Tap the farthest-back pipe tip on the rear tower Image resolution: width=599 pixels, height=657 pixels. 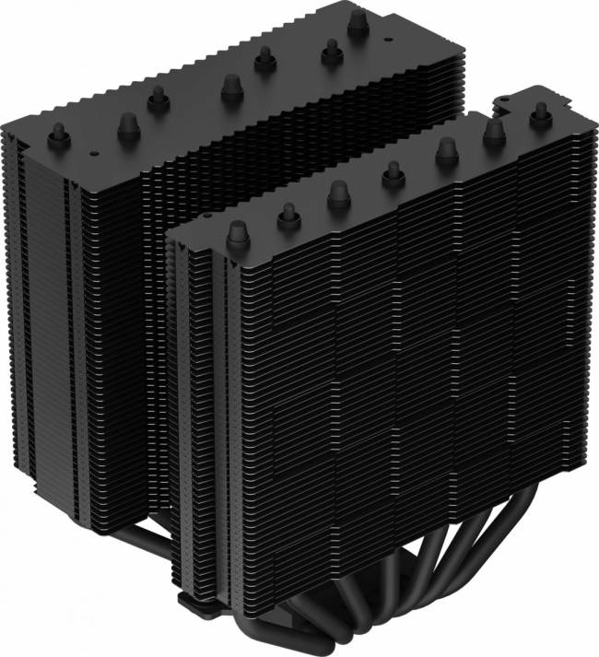click(x=355, y=24)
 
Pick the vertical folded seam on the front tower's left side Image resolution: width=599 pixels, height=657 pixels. click(x=221, y=387)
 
